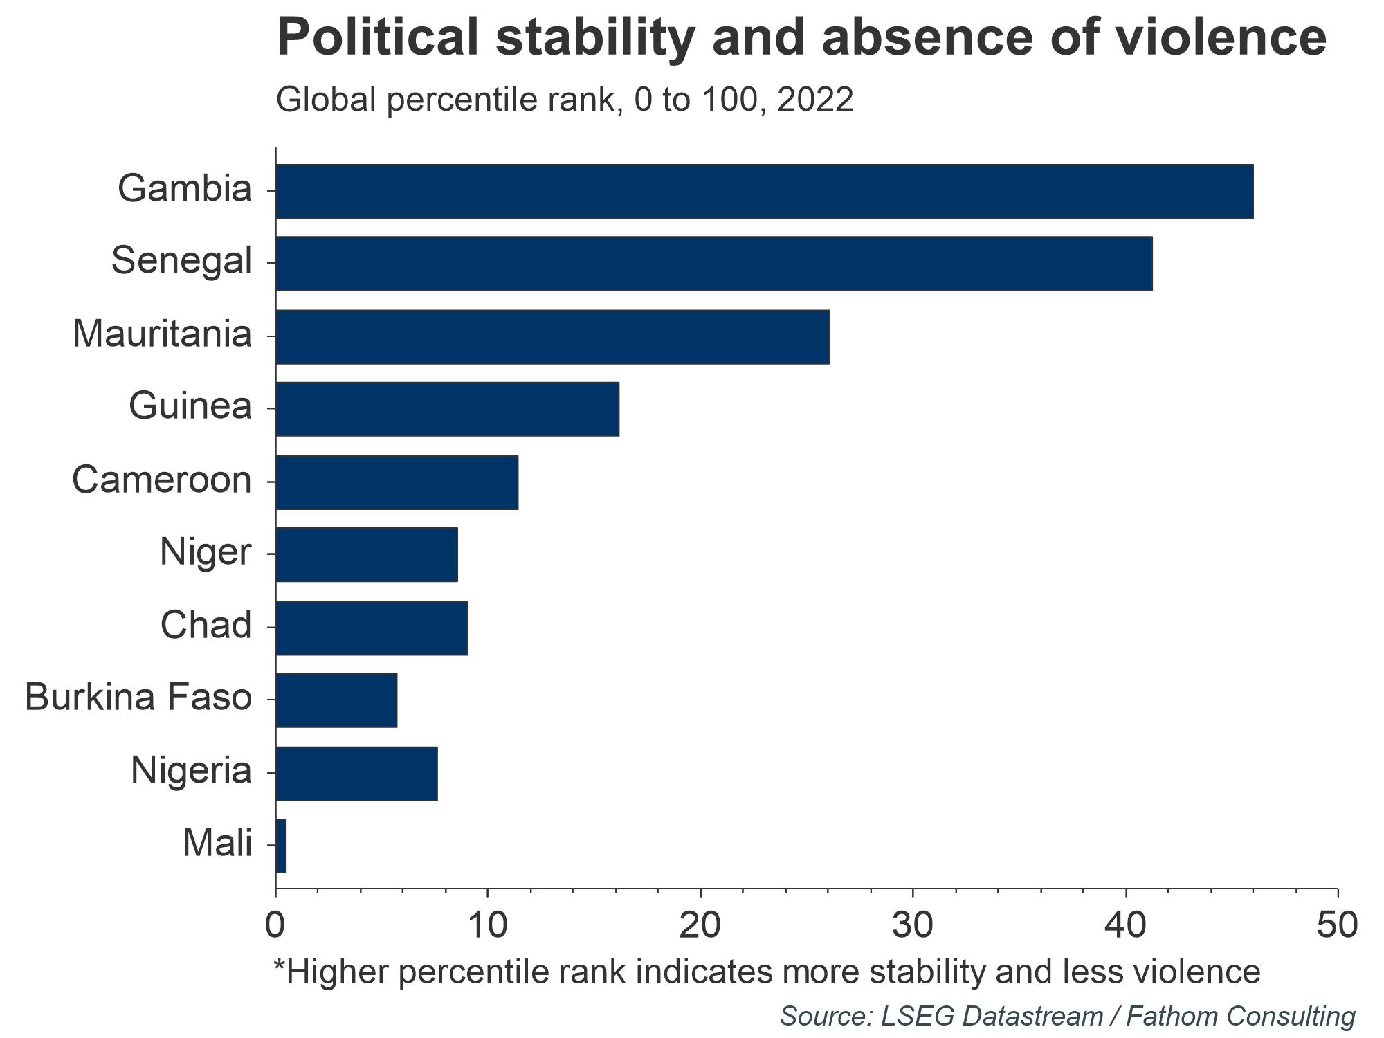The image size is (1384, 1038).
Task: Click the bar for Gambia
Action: pyautogui.click(x=764, y=191)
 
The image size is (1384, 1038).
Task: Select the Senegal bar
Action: pyautogui.click(x=713, y=263)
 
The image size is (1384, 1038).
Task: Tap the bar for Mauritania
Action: pyautogui.click(x=552, y=336)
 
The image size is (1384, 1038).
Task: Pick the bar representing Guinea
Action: pyautogui.click(x=447, y=409)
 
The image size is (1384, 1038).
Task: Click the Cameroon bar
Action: pyautogui.click(x=397, y=482)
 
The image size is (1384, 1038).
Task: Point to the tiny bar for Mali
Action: pyautogui.click(x=281, y=846)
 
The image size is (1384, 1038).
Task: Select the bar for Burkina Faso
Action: pyautogui.click(x=336, y=700)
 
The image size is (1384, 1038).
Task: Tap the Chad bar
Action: pyautogui.click(x=372, y=628)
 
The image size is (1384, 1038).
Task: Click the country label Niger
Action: pyautogui.click(x=205, y=553)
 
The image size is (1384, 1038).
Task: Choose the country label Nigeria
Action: pyautogui.click(x=191, y=771)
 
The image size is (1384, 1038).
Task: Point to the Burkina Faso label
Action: pyautogui.click(x=138, y=698)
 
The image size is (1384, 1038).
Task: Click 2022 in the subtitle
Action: pyautogui.click(x=814, y=100)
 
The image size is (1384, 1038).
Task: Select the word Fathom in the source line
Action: pyautogui.click(x=1169, y=1016)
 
